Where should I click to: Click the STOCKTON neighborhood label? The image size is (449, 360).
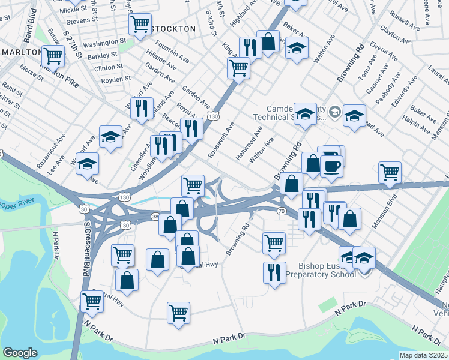pyautogui.click(x=173, y=28)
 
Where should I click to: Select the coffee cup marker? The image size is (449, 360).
pyautogui.click(x=331, y=166)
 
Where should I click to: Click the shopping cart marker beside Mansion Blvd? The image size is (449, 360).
pyautogui.click(x=390, y=173)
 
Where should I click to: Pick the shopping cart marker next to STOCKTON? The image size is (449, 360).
pyautogui.click(x=140, y=25)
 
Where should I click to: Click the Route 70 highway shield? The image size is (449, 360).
pyautogui.click(x=281, y=211)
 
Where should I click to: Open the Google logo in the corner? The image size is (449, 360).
pyautogui.click(x=20, y=353)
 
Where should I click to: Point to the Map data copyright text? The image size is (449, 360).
pyautogui.click(x=424, y=355)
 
